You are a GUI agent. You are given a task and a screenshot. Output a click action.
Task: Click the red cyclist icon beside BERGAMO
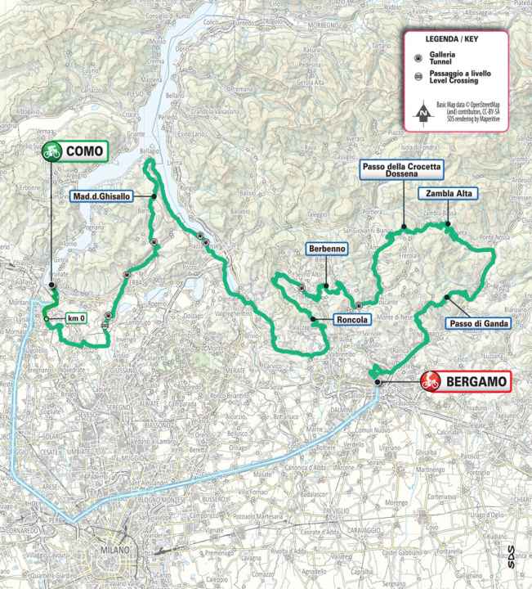tap(432, 380)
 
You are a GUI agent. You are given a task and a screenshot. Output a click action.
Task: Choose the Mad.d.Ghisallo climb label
tap(114, 196)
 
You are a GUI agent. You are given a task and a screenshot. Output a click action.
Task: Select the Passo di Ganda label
tap(479, 324)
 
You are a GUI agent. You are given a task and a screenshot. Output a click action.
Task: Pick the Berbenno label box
tap(326, 248)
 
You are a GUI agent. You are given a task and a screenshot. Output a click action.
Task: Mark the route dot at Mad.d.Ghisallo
tap(153, 196)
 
